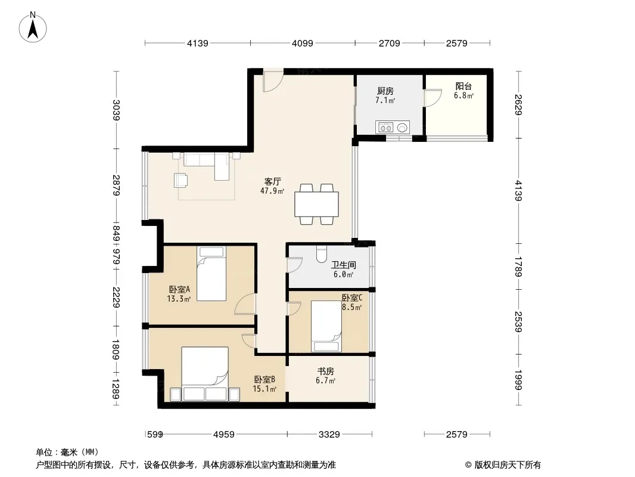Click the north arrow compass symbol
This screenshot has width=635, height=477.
[33, 27]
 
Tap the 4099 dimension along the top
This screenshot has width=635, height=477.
[303, 43]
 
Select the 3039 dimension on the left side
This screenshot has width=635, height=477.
[116, 110]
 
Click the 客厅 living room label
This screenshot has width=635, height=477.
[273, 182]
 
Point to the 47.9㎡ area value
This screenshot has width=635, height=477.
[272, 191]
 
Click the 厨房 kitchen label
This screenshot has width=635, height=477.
[385, 91]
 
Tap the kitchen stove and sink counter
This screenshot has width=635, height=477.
[393, 127]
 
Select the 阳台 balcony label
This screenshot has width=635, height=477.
[463, 86]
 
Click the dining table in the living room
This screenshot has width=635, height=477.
[317, 205]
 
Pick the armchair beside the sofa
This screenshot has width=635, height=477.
[180, 180]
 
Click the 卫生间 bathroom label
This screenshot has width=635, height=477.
[344, 265]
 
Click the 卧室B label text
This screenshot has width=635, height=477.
[265, 380]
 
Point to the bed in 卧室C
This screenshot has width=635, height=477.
[326, 326]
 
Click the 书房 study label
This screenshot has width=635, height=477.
[326, 371]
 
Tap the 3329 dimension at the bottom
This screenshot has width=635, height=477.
[329, 435]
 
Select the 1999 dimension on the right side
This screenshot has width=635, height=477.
[518, 380]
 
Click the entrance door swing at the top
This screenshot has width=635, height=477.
[273, 82]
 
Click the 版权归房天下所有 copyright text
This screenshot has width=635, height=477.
[508, 465]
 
